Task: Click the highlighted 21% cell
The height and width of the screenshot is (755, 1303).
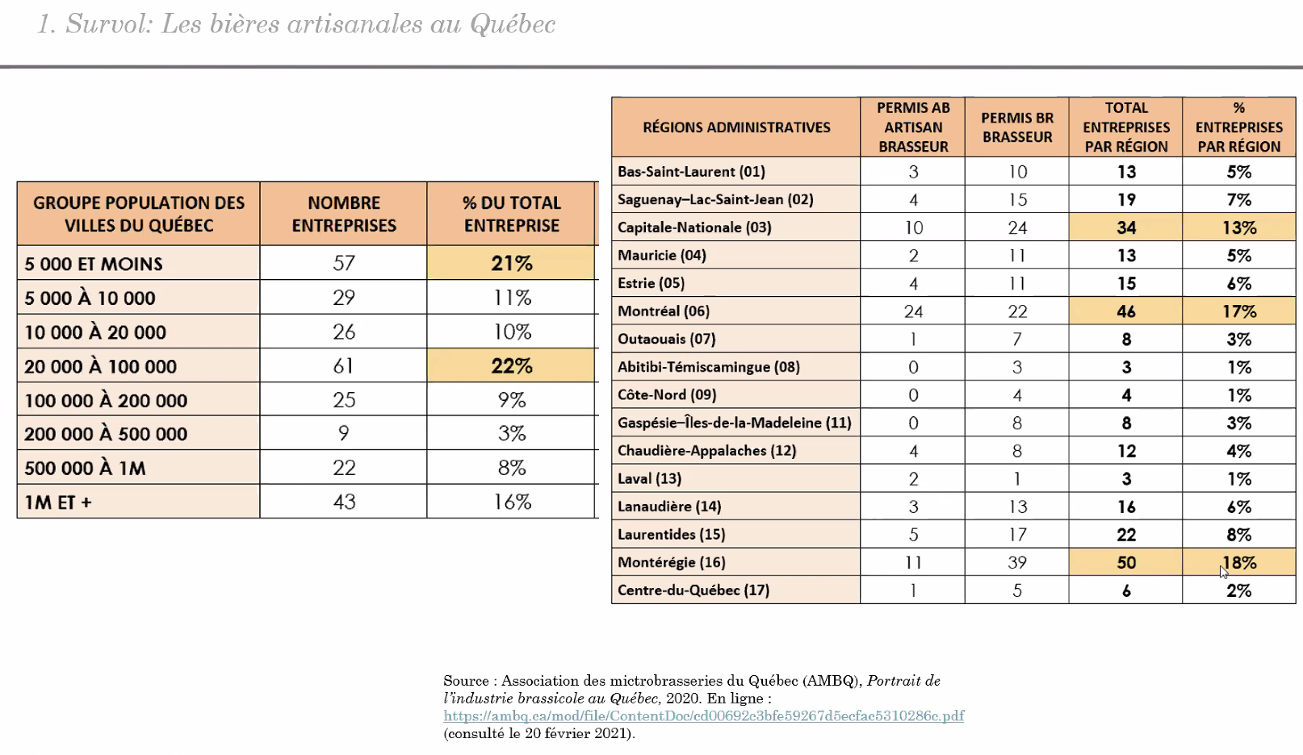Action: (512, 263)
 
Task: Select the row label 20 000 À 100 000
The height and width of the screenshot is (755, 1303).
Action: (101, 366)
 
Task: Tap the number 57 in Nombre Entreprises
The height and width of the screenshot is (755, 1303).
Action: (344, 263)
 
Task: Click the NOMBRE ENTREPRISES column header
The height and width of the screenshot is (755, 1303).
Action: (344, 214)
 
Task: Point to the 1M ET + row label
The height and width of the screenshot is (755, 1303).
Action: (58, 502)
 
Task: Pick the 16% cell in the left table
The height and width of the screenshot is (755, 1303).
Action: (512, 502)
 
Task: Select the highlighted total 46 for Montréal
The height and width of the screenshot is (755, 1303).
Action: (1125, 311)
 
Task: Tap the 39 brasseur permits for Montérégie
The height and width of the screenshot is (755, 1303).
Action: (1017, 562)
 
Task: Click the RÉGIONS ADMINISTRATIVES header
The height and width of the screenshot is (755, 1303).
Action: (736, 127)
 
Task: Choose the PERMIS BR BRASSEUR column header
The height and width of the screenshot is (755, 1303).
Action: (1017, 127)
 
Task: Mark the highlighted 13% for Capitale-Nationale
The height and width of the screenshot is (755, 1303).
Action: (1238, 227)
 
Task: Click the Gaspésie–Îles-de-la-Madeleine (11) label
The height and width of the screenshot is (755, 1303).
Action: (734, 423)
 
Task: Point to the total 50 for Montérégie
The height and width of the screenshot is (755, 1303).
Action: (1125, 562)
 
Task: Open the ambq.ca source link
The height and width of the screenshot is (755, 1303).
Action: (703, 715)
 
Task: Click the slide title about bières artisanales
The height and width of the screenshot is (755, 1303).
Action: (296, 24)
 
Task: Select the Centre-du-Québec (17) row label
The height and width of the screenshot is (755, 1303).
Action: (693, 590)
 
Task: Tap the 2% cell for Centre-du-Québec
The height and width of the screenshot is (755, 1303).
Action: (1238, 590)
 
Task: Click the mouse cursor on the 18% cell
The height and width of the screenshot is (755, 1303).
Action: (1224, 571)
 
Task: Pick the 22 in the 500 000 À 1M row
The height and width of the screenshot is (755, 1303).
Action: (344, 468)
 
